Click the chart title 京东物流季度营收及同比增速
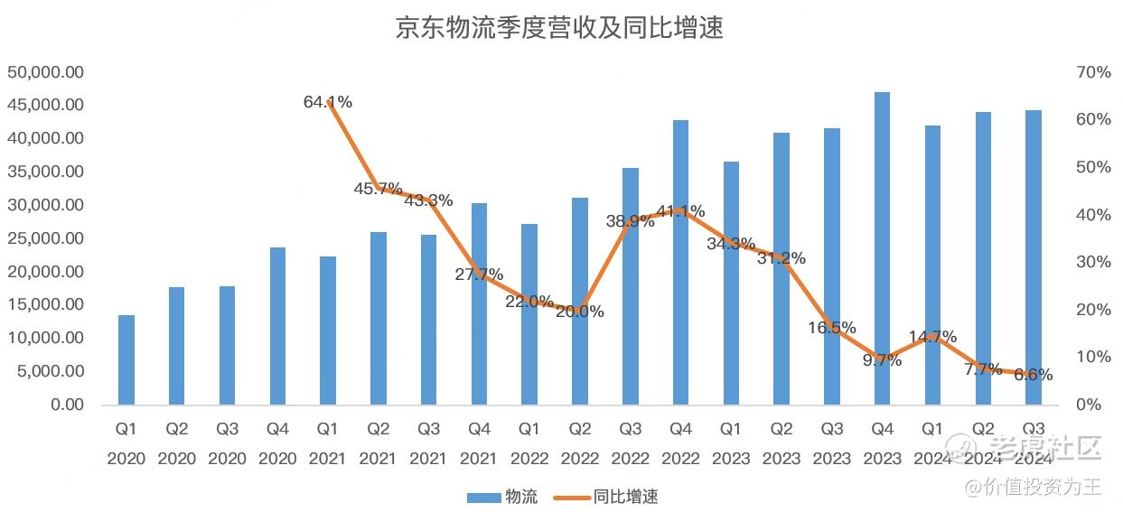coord(560,28)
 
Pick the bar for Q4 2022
coord(680,262)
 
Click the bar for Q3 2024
coord(1034,257)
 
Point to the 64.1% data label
coord(328,102)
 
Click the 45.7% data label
coord(379,189)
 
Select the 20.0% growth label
coord(580,312)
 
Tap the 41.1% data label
coord(680,211)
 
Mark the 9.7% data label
coord(882,360)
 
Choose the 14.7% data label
coord(932,337)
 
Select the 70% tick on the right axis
coord(1092,72)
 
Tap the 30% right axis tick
coord(1092,262)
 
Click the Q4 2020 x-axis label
coord(277,442)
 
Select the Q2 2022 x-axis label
coord(580,442)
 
